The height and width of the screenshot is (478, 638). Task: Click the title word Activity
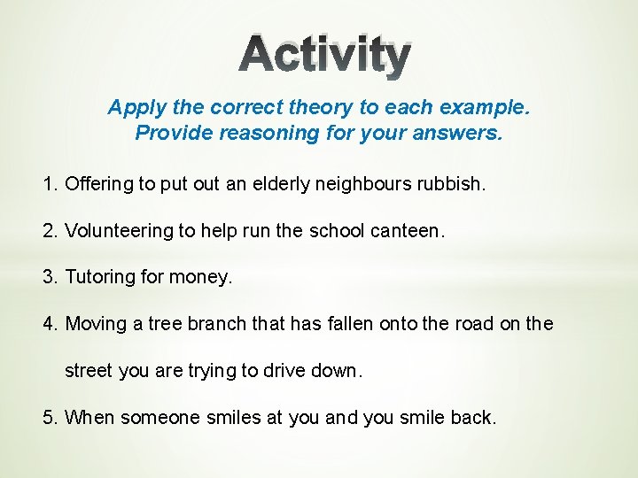point(324,55)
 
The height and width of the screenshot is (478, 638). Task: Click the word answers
point(463,133)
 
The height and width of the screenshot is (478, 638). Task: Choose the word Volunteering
point(119,230)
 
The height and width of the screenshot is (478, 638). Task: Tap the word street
point(89,370)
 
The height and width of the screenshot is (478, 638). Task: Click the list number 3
point(49,277)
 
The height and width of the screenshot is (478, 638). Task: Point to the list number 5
point(49,416)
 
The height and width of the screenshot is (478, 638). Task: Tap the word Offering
point(97,184)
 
